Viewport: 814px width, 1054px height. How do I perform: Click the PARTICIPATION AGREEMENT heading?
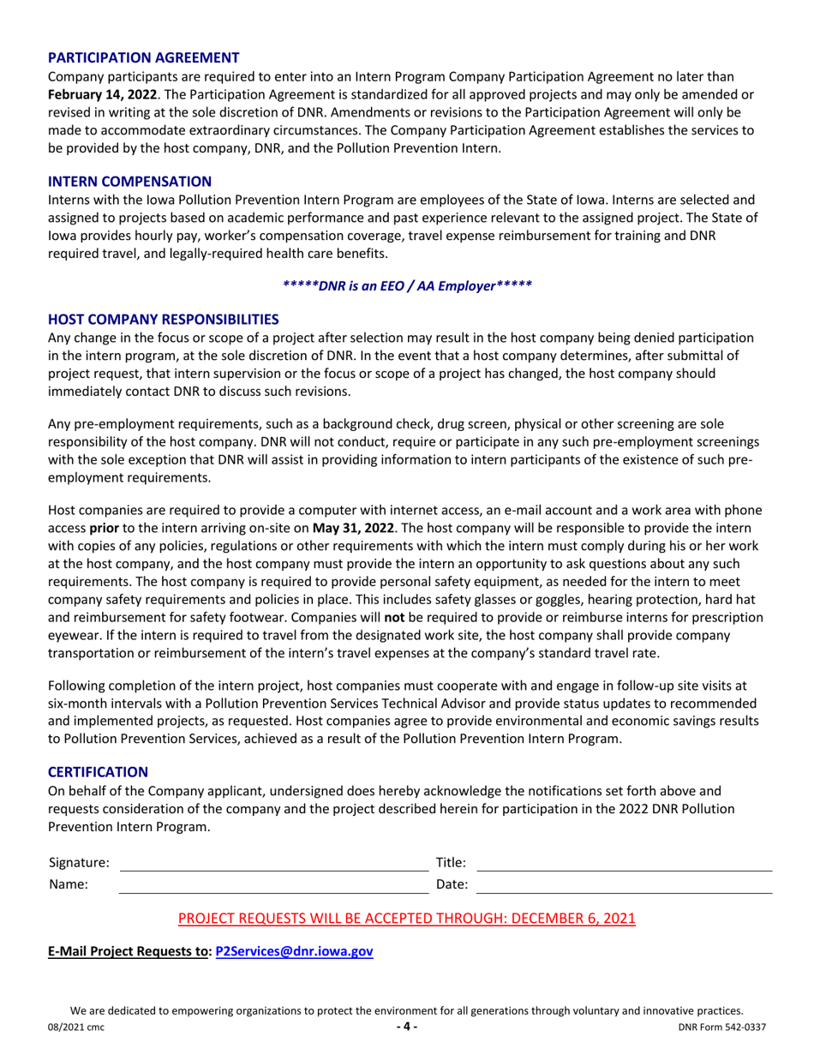point(143,58)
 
